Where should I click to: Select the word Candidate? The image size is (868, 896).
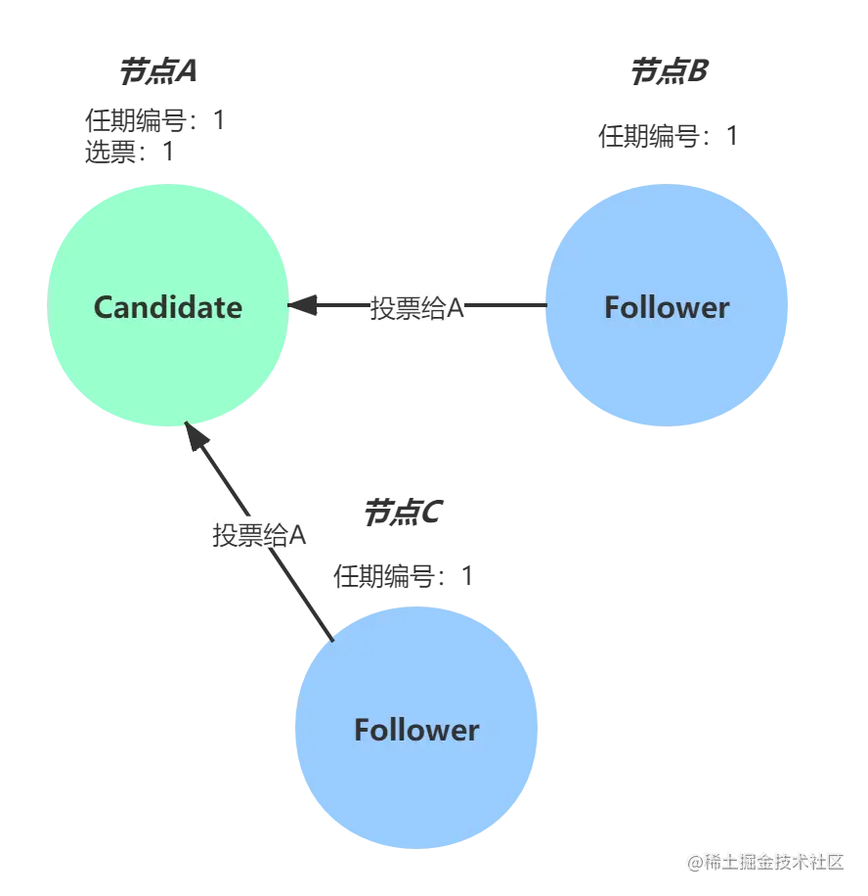[x=168, y=307]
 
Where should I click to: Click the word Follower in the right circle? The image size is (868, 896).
[x=667, y=307]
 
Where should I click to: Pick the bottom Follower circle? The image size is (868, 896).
[x=416, y=783]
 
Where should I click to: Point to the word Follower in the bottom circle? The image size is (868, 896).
[x=416, y=730]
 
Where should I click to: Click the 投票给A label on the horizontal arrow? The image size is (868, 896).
[x=417, y=307]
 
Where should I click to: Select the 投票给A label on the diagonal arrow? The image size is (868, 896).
[x=262, y=534]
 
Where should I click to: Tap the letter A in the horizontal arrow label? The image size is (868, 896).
[x=456, y=307]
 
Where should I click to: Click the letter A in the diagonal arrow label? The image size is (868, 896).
[x=300, y=534]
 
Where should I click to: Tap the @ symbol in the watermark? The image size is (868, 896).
[x=695, y=862]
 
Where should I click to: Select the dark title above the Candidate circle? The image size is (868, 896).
[x=159, y=70]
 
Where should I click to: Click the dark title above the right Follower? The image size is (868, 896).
[x=667, y=70]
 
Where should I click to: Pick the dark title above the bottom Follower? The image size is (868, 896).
[x=402, y=513]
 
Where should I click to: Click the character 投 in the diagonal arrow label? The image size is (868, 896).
[x=224, y=534]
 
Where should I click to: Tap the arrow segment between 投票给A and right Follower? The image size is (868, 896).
[x=506, y=307]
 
